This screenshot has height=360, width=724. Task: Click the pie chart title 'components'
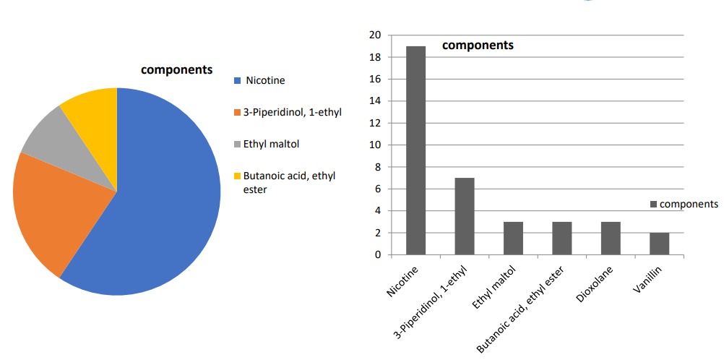click(176, 70)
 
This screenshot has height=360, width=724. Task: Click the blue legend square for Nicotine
click(237, 80)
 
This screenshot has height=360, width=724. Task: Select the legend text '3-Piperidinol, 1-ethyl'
click(293, 112)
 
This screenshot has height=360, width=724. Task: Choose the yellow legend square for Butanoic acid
click(237, 176)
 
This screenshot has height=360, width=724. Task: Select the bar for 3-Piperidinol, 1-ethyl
click(464, 216)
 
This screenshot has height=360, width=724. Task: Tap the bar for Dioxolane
click(611, 239)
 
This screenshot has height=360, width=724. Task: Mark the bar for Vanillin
click(659, 244)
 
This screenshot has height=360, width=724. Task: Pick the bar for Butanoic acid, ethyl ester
click(561, 239)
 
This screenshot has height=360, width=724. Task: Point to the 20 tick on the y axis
click(375, 35)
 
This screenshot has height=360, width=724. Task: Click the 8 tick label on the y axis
click(377, 167)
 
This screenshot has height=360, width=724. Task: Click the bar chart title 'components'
click(478, 45)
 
